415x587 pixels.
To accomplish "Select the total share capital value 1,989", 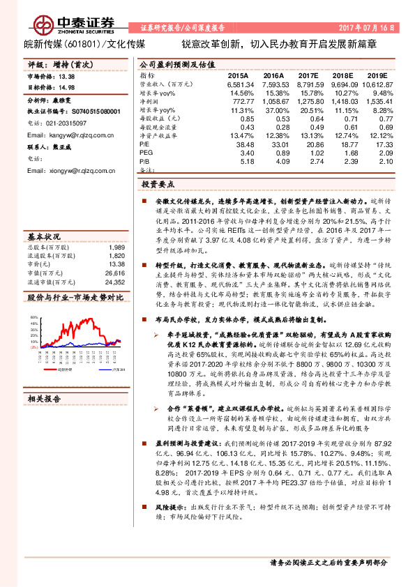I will pos(116,247).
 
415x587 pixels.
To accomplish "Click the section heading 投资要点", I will pos(158,185).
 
